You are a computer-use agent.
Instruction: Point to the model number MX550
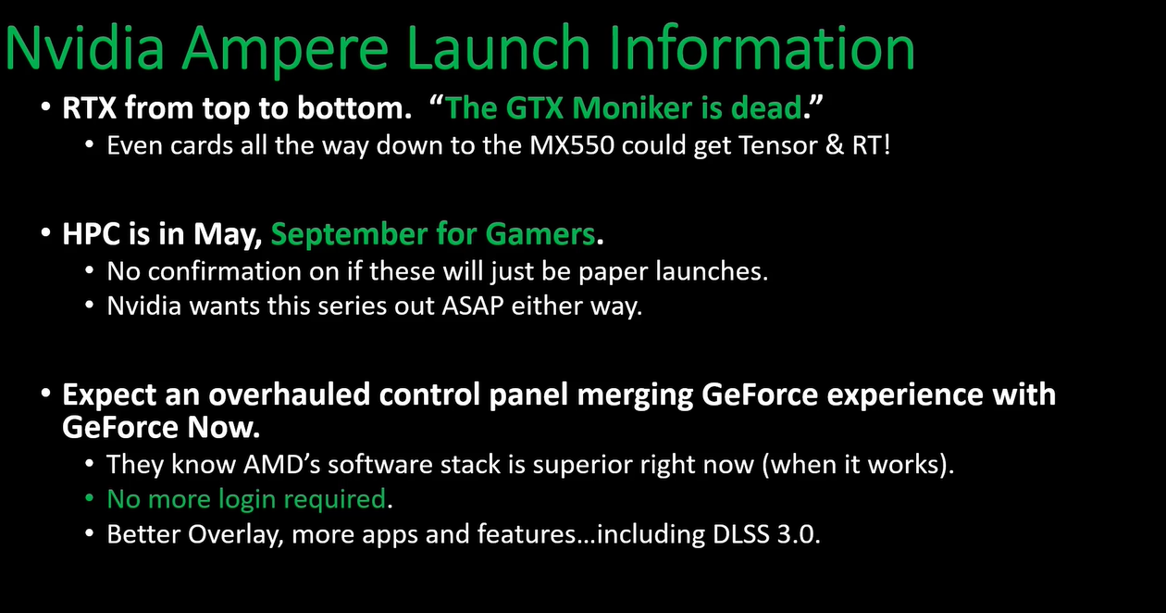click(x=572, y=145)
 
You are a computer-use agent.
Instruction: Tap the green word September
click(x=349, y=235)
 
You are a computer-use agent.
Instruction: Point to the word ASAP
click(x=473, y=306)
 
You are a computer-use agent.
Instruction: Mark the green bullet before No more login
click(x=89, y=498)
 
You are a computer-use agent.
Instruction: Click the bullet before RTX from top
click(x=46, y=106)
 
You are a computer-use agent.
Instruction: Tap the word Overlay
click(x=235, y=535)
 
